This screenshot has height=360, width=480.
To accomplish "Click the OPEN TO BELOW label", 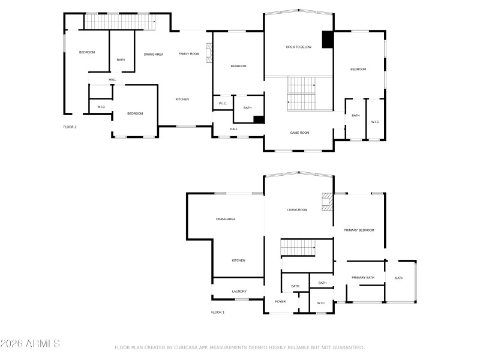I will click(298, 47).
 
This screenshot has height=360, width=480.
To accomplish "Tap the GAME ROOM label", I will click(299, 133).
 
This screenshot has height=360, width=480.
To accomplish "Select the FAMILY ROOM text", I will click(188, 54).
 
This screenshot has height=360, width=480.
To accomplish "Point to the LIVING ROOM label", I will click(297, 209).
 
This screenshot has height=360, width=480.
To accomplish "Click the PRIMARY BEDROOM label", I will click(359, 230).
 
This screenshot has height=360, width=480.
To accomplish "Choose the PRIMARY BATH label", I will click(363, 277).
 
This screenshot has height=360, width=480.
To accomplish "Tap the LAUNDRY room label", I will click(239, 292).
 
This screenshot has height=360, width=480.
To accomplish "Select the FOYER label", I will click(280, 301).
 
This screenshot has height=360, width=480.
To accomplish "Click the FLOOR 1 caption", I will click(218, 313).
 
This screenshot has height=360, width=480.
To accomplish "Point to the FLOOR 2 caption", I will click(70, 127).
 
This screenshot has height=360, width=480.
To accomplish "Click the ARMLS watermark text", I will click(30, 344).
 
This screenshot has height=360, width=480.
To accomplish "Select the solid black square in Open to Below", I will click(328, 40).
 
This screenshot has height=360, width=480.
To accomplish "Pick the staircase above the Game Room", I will click(302, 94).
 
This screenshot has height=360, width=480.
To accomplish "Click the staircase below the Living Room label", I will click(298, 247).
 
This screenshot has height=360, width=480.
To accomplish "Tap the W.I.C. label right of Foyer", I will click(321, 303).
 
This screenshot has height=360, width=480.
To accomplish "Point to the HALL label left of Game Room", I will click(234, 129).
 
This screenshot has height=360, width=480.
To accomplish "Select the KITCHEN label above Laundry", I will click(239, 260).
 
